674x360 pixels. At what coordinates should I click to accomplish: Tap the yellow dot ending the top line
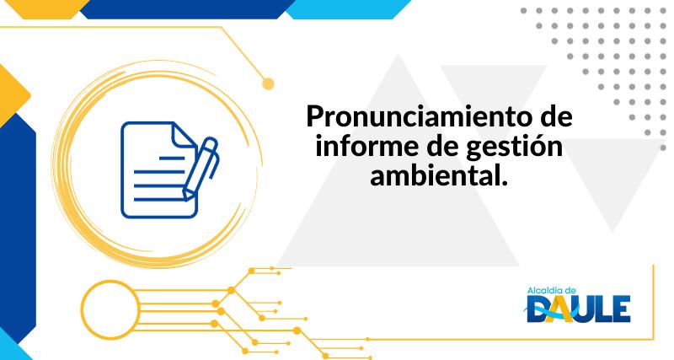[x=269, y=83]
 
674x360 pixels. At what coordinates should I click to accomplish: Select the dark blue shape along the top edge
[x=185, y=8]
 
